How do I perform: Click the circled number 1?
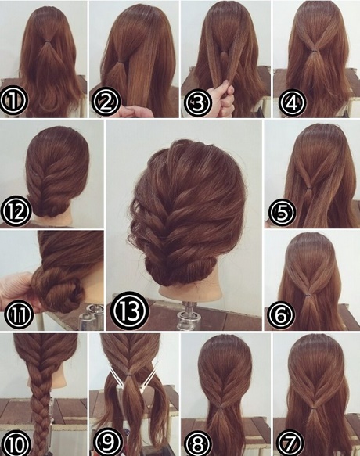point(13,101)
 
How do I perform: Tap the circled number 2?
point(106,102)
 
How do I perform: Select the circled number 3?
point(197,102)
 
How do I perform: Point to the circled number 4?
point(292,102)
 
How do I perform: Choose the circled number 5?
point(282,212)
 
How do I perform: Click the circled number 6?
point(281,315)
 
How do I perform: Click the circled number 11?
point(18,313)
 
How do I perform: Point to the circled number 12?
point(16,211)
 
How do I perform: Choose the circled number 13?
point(129,311)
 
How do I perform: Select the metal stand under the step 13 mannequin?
point(188,315)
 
